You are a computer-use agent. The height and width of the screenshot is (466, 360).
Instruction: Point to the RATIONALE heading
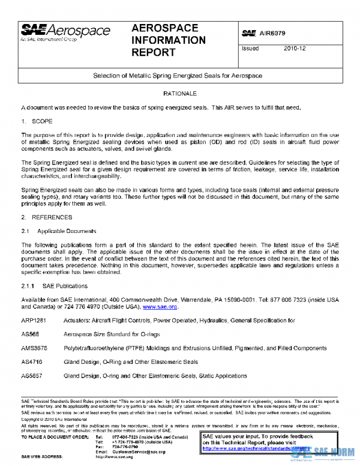(x=179, y=94)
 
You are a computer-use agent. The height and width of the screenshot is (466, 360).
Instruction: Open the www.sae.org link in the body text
(x=160, y=306)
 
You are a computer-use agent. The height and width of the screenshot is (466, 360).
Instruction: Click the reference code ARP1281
(x=34, y=321)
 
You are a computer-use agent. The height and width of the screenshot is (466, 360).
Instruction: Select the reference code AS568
(x=31, y=334)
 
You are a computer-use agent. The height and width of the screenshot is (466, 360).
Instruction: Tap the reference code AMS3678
(x=34, y=348)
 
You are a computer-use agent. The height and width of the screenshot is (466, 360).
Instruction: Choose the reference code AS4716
(x=32, y=362)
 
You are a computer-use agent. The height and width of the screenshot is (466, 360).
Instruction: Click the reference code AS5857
(x=32, y=376)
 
